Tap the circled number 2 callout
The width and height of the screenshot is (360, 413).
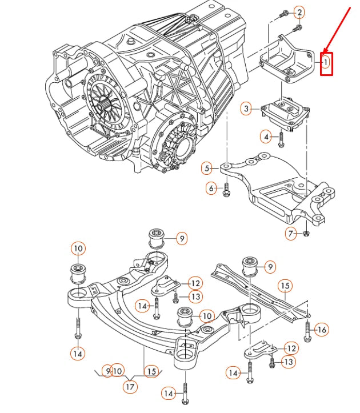click(299, 13)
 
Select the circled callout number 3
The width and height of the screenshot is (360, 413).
click(246, 108)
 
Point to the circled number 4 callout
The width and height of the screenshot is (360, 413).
click(266, 137)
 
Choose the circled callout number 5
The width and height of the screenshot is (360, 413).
click(207, 168)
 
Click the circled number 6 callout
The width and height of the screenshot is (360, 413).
click(211, 188)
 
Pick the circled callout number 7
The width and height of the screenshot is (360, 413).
click(291, 234)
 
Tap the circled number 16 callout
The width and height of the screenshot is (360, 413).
click(322, 329)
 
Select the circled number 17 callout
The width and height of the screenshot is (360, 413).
click(130, 387)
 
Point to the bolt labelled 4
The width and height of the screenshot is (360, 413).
click(281, 137)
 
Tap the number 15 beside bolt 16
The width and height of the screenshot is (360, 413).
click(285, 284)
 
